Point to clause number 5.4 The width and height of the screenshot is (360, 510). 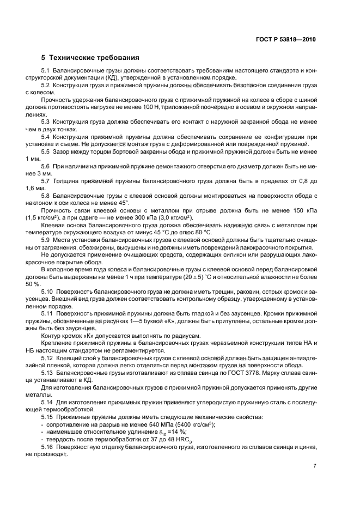coord(46,136)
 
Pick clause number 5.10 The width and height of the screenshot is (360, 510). coord(47,292)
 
